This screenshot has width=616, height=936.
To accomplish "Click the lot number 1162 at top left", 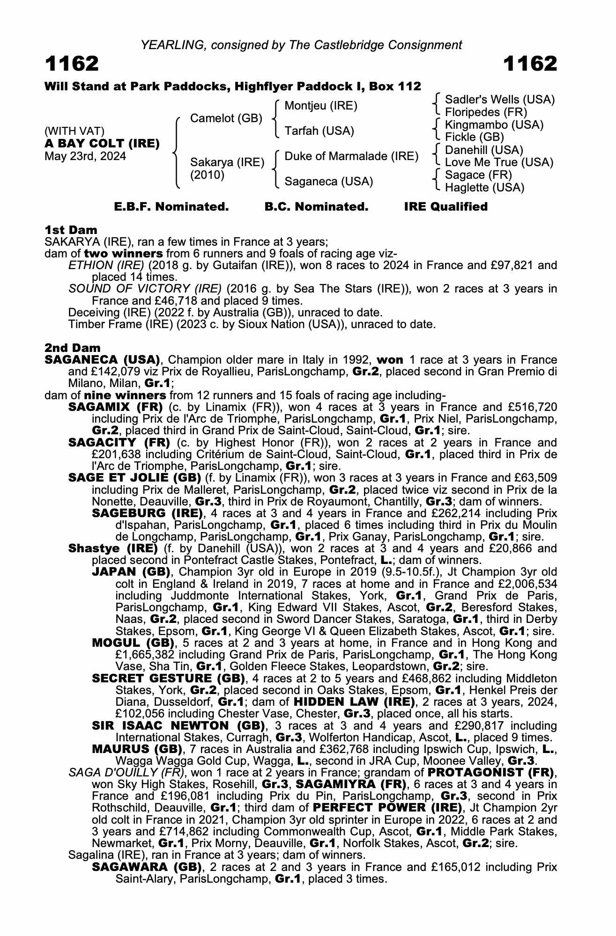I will pyautogui.click(x=72, y=64).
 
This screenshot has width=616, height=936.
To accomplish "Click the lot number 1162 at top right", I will pyautogui.click(x=530, y=64).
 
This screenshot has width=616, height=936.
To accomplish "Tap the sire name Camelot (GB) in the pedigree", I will pyautogui.click(x=226, y=118).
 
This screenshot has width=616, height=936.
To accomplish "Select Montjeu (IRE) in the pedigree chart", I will pyautogui.click(x=321, y=106).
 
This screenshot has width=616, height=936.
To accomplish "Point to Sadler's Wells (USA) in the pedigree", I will pyautogui.click(x=499, y=100).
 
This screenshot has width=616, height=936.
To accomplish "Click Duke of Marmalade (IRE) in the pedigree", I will pyautogui.click(x=351, y=156).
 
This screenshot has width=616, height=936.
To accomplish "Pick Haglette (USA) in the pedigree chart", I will pyautogui.click(x=484, y=188).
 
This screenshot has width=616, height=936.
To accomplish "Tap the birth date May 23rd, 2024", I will pyautogui.click(x=85, y=156).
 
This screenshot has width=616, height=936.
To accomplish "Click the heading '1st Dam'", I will pyautogui.click(x=71, y=230).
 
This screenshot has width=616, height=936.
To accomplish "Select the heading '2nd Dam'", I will pyautogui.click(x=72, y=348).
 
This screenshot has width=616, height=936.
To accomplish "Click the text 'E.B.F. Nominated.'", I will pyautogui.click(x=171, y=207).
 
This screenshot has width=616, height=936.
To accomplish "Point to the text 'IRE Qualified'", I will pyautogui.click(x=445, y=207).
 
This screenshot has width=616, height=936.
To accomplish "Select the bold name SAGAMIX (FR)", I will pyautogui.click(x=115, y=407).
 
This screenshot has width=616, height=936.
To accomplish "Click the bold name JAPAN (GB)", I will pyautogui.click(x=131, y=572).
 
